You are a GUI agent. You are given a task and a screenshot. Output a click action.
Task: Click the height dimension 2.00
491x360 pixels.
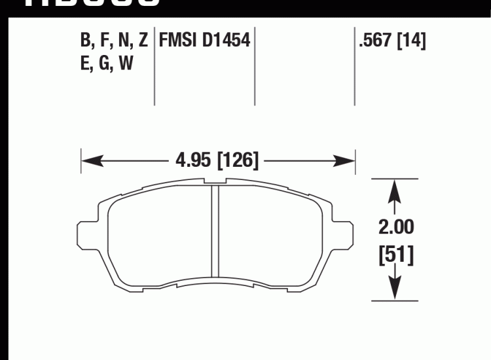395,227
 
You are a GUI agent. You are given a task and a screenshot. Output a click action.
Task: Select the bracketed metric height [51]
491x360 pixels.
395,255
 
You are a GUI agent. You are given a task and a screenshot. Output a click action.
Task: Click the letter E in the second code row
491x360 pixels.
85,65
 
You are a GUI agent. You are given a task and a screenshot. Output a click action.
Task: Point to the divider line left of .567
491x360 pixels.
354,65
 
